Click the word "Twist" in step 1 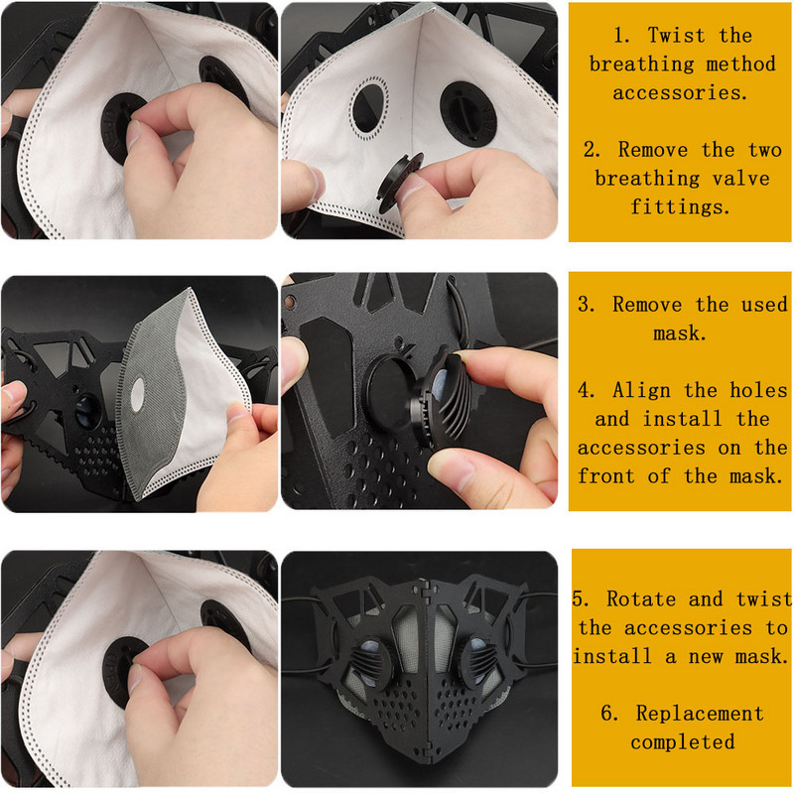676,36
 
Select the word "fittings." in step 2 680,206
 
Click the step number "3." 587,305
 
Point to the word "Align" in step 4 641,390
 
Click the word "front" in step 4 606,476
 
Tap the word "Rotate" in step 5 641,599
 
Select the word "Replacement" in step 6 700,714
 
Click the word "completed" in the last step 683,742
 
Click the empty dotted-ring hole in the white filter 369,108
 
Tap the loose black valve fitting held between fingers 398,184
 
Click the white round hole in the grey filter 137,394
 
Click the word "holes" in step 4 758,390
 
